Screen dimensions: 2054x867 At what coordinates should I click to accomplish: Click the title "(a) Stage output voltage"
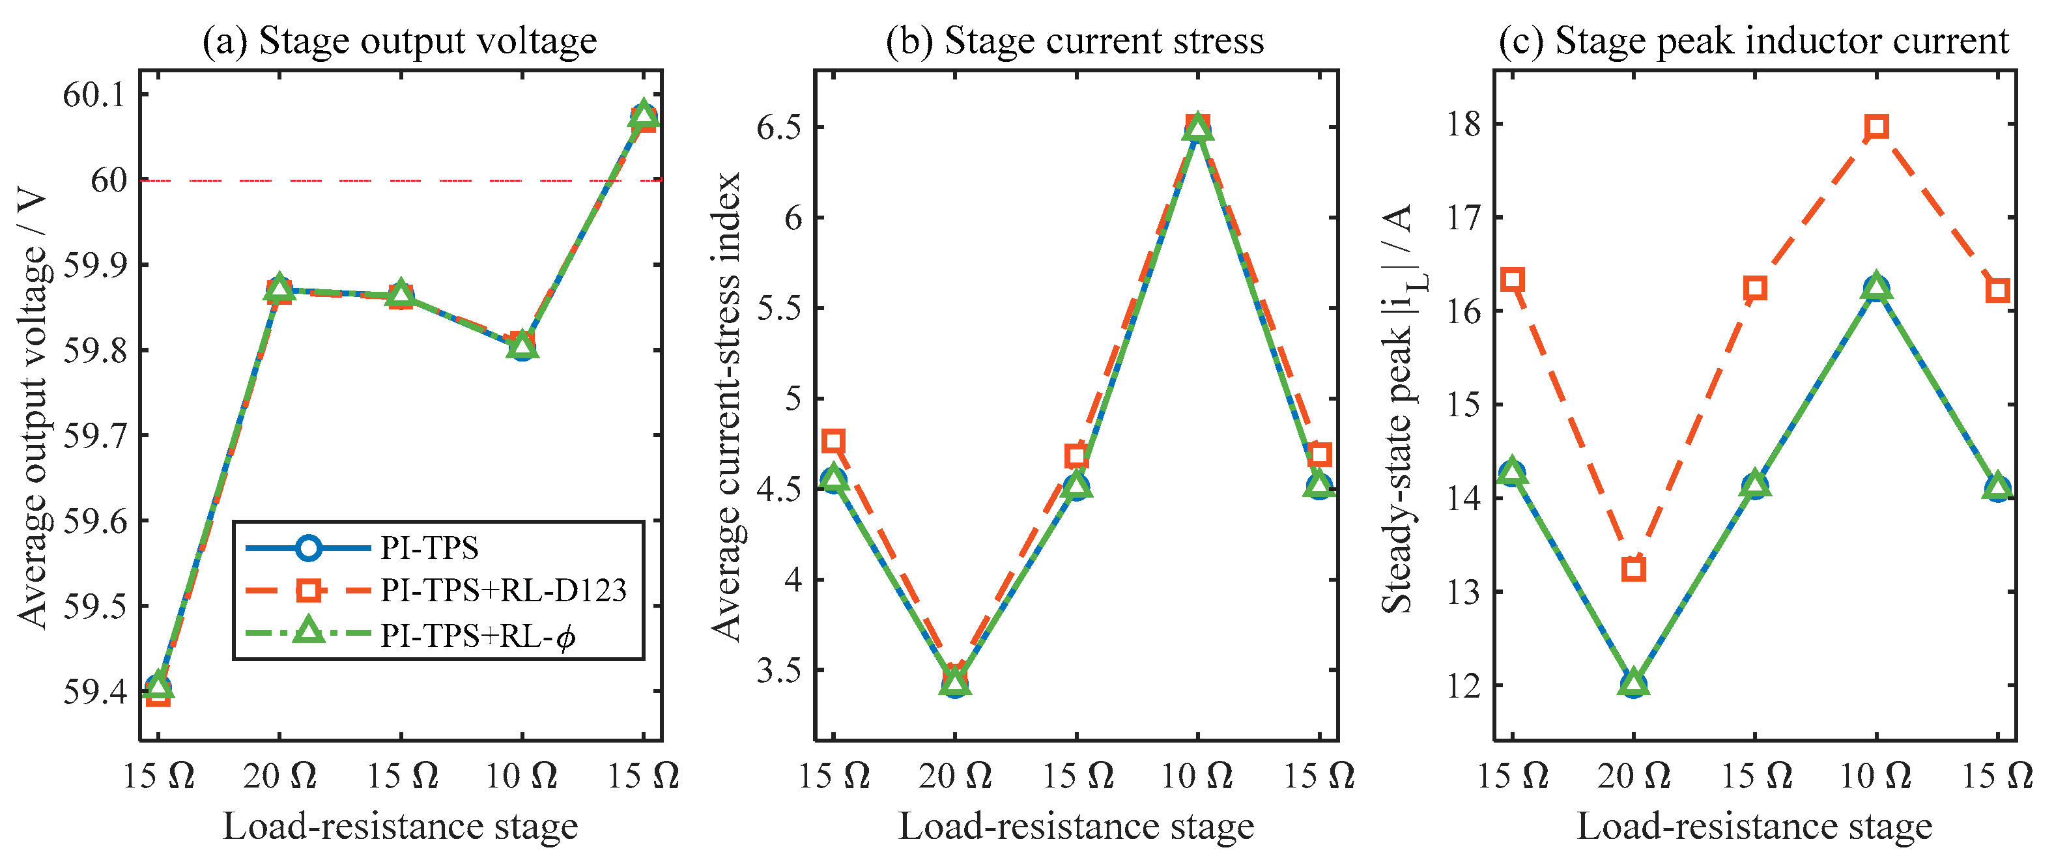[x=399, y=40]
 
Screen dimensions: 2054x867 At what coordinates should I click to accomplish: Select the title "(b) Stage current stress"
[x=1075, y=40]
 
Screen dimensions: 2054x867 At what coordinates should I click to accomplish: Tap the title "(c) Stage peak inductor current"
[x=1754, y=40]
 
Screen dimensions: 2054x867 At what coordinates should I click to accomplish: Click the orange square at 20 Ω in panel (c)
[x=1634, y=569]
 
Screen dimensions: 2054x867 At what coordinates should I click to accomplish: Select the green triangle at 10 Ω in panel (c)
[x=1877, y=288]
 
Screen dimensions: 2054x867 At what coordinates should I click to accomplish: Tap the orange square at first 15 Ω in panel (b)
[x=834, y=441]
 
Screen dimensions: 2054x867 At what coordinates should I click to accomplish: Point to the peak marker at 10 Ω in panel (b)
[x=1197, y=127]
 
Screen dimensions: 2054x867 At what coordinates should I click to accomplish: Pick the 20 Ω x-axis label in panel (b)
[x=955, y=776]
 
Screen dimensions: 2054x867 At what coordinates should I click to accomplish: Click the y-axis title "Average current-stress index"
[x=727, y=406]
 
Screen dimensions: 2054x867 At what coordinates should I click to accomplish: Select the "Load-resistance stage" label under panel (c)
[x=1754, y=827]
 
